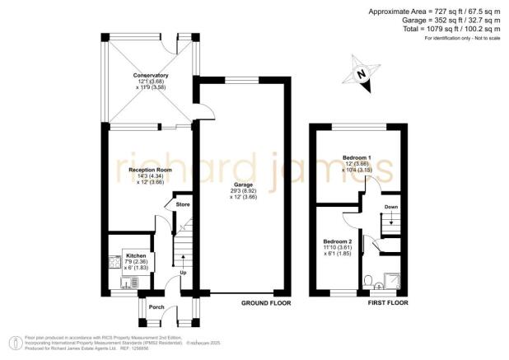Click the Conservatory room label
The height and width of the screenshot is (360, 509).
pyautogui.click(x=151, y=75)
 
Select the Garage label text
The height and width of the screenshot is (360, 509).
pyautogui.click(x=243, y=185)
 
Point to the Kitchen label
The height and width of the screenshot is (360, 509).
pyautogui.click(x=135, y=256)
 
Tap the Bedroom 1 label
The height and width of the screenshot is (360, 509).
pyautogui.click(x=356, y=157)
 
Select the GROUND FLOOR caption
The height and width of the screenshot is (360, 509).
pyautogui.click(x=265, y=303)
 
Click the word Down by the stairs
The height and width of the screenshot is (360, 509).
pyautogui.click(x=391, y=207)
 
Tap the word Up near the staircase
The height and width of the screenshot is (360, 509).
pyautogui.click(x=182, y=273)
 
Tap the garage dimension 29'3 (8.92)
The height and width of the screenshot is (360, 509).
pyautogui.click(x=243, y=191)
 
